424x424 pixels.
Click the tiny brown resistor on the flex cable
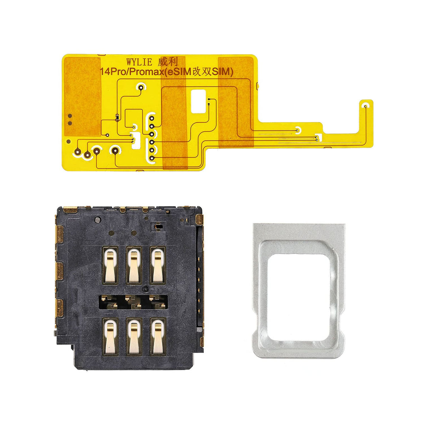[117, 117]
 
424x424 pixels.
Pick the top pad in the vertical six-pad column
[151, 118]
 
